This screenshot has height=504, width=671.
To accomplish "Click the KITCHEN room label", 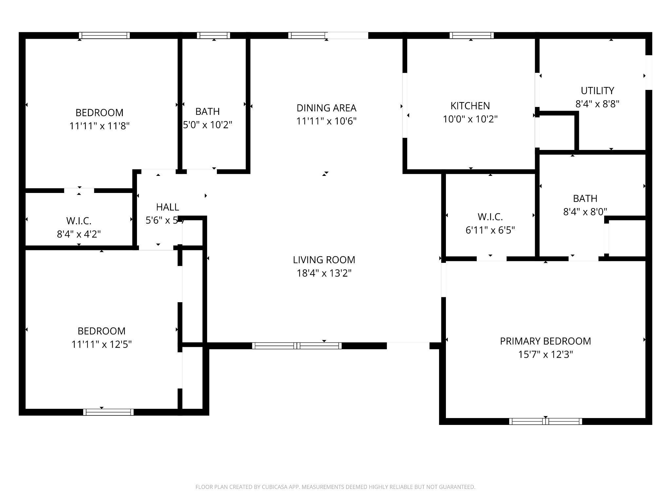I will (470, 106).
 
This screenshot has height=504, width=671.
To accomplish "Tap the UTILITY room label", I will (597, 91).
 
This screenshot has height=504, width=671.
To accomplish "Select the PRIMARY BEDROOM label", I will (545, 341).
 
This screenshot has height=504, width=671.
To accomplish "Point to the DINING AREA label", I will (326, 108).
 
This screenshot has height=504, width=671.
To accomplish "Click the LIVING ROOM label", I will (324, 260).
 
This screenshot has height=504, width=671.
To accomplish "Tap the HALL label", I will (167, 207).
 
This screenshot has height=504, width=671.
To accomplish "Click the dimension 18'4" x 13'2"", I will (324, 273).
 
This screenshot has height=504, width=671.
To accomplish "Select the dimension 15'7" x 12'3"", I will (545, 355).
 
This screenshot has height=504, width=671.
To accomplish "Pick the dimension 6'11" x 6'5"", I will (490, 230).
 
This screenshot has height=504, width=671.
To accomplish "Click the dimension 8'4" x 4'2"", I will (79, 234).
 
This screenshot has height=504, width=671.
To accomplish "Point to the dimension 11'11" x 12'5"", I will (102, 345).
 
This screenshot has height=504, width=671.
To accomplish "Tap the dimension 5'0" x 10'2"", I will (208, 125).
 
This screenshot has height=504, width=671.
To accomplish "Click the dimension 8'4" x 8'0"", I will (585, 212).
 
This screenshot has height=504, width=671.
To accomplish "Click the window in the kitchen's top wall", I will (471, 35).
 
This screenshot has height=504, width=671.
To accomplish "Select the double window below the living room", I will (297, 346).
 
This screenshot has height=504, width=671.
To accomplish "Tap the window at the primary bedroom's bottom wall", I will (546, 421).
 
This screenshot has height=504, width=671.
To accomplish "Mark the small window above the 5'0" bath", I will (213, 35).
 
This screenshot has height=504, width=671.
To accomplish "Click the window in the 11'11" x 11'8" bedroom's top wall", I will (105, 35).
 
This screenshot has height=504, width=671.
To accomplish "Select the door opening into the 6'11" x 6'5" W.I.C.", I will (491, 259).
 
